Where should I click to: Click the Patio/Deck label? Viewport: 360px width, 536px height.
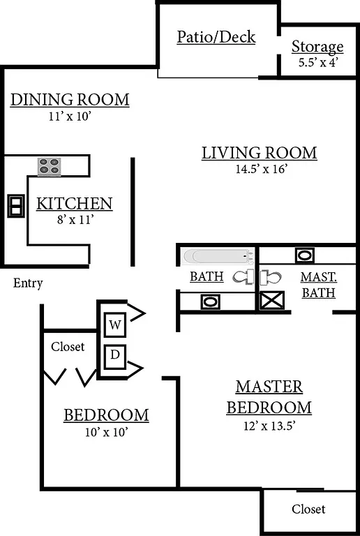coord(216,37)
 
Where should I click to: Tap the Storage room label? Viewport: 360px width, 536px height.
coord(317,47)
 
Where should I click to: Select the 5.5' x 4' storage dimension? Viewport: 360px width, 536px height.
coord(317,61)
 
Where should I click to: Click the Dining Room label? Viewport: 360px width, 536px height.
coord(70,100)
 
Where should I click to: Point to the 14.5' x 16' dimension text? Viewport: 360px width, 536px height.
coord(260,168)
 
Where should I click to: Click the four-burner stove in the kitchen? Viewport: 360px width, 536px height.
coord(49,166)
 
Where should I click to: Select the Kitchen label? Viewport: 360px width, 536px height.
coord(74,204)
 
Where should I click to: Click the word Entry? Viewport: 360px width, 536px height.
coord(28,283)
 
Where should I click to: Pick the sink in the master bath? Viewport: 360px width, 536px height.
coord(304,255)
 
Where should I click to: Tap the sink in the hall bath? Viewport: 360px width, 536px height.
coord(210,302)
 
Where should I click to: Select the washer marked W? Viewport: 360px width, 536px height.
coord(115,325)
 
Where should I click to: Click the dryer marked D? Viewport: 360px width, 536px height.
coord(115,356)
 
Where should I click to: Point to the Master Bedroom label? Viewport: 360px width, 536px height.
coord(269,396)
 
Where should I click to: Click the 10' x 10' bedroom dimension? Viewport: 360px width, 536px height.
coord(106,432)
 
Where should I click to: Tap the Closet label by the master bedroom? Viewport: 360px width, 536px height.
coord(308,509)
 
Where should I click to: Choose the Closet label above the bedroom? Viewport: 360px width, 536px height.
coord(68,346)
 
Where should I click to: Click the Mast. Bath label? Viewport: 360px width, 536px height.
coord(318,285)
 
